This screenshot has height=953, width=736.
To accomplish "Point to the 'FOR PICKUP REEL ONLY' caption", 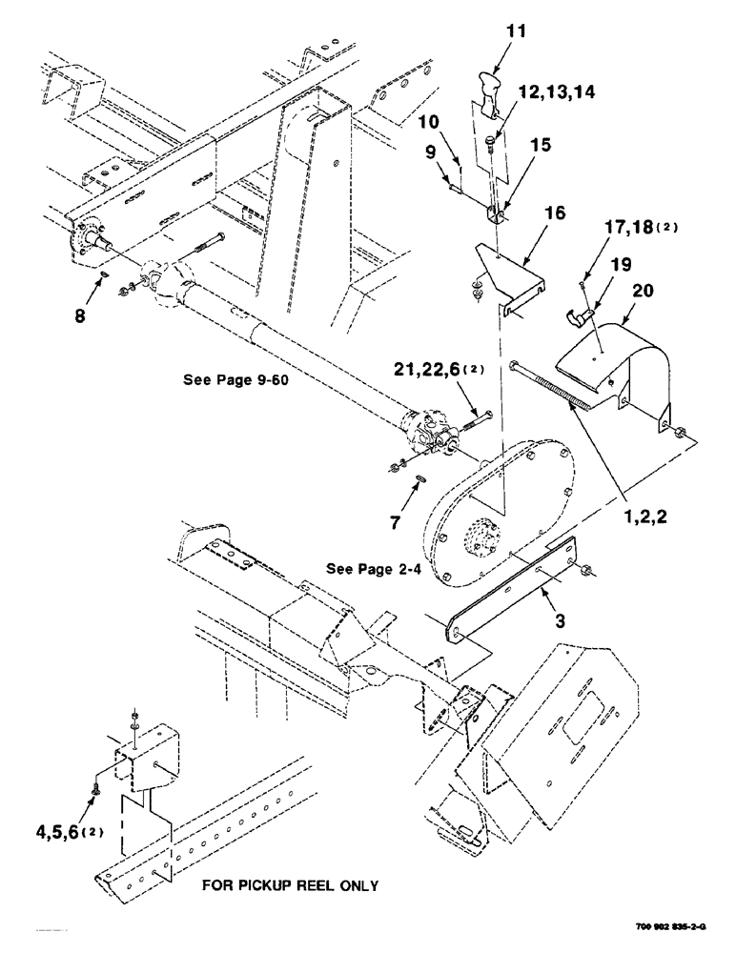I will (290, 885).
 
